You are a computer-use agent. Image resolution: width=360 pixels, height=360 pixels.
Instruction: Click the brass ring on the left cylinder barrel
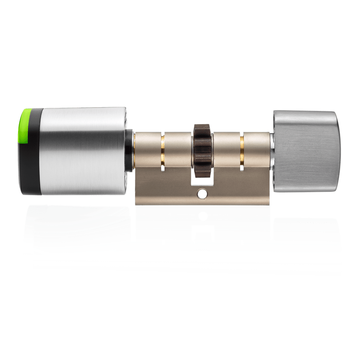point(162,148)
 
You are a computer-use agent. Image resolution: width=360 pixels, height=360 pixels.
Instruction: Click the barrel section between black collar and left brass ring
point(148,148)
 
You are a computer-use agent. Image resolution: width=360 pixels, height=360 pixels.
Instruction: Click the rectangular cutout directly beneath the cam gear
point(203,176)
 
